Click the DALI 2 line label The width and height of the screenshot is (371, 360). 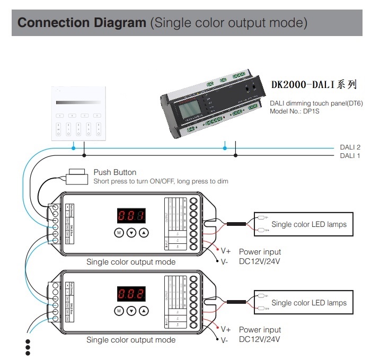click(x=350, y=147)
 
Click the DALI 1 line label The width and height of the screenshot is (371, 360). click(x=350, y=156)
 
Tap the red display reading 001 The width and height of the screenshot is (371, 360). click(x=131, y=216)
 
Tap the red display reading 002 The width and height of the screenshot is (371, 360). click(x=131, y=294)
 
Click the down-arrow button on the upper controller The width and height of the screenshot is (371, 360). click(x=131, y=233)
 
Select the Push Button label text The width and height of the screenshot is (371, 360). click(x=114, y=172)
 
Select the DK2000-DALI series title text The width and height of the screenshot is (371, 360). click(x=314, y=84)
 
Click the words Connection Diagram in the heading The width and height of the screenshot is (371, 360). click(x=82, y=23)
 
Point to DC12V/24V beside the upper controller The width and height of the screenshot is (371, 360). click(x=260, y=261)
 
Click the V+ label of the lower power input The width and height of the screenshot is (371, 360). click(x=225, y=330)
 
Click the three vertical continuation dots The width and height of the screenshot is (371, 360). click(x=28, y=347)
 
